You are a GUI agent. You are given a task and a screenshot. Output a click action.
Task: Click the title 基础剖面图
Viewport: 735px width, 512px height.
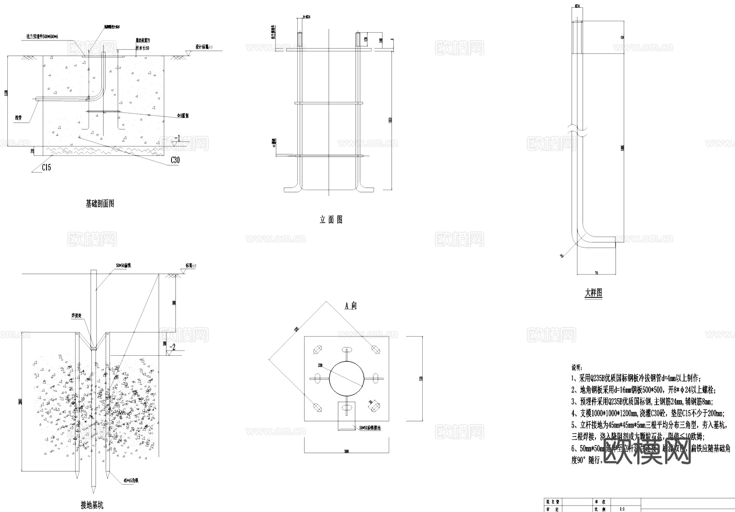(x=100, y=204)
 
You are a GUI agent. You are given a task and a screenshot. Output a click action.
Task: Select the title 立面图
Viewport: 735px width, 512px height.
(x=331, y=220)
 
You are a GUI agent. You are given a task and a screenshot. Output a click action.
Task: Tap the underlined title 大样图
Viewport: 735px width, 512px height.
(x=593, y=293)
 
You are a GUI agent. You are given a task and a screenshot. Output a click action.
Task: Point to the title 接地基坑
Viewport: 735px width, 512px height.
(x=92, y=505)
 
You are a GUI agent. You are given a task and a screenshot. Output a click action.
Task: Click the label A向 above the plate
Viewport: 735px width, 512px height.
(x=351, y=306)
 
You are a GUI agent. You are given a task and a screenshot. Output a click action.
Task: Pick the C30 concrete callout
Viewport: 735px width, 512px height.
(x=174, y=160)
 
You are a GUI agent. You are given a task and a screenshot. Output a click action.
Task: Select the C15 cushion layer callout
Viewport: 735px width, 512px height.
(x=47, y=167)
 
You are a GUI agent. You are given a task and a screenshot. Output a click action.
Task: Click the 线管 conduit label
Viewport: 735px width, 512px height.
(x=18, y=118)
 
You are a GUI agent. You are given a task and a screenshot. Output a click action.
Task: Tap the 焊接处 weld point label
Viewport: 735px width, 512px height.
(x=77, y=316)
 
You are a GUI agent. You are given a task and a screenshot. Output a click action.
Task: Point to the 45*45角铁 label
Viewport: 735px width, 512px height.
(x=131, y=481)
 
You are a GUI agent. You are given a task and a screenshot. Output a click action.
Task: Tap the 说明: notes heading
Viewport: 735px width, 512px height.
(x=577, y=368)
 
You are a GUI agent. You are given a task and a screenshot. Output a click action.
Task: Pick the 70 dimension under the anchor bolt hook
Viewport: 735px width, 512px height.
(x=596, y=272)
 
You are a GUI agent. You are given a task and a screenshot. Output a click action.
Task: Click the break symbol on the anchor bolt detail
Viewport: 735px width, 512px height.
(x=577, y=131)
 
